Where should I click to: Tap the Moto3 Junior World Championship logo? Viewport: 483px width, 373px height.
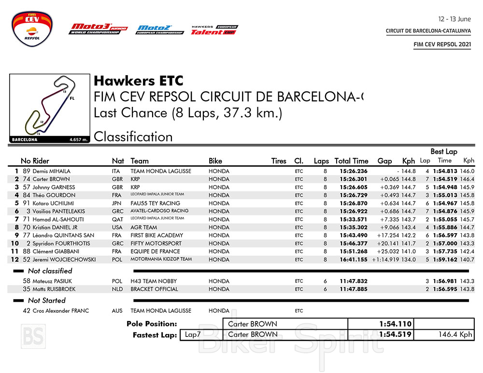tap(99, 29)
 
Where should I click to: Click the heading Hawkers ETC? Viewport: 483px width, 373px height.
tap(139, 81)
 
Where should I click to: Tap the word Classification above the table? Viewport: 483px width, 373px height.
tap(133, 137)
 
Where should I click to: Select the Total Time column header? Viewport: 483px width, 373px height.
tap(351, 161)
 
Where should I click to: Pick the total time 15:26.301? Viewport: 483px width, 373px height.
tap(354, 179)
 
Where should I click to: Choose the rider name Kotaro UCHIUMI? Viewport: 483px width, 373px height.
tap(53, 203)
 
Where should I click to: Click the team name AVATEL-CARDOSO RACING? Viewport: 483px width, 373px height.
tap(159, 211)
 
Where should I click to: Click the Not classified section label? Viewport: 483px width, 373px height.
tap(50, 271)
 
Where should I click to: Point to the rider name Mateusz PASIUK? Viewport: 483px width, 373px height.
tap(52, 281)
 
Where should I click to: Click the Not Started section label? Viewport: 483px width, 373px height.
tap(46, 300)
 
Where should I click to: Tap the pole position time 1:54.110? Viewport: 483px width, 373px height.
tap(395, 324)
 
